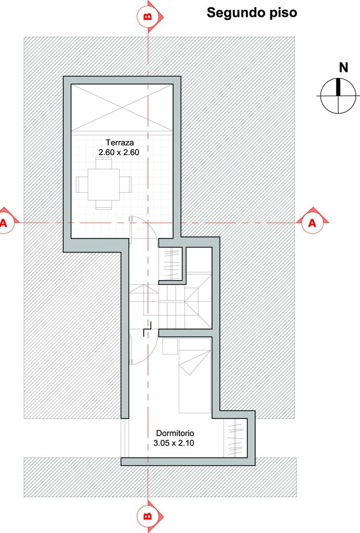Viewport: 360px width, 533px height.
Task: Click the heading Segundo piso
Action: click(x=252, y=13)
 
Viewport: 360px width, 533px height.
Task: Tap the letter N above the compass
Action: click(x=344, y=68)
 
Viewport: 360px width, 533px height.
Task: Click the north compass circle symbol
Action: click(x=339, y=96)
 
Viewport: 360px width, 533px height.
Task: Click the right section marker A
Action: click(x=312, y=223)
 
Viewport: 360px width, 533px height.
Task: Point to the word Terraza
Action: click(x=119, y=143)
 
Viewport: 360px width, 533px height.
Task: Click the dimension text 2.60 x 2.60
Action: click(x=119, y=153)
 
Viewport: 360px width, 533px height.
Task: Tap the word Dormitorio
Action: click(x=175, y=434)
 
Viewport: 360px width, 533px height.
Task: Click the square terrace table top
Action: click(x=104, y=185)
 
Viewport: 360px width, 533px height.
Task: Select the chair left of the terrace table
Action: click(x=82, y=185)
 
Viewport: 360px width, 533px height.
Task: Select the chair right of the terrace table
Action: click(x=126, y=185)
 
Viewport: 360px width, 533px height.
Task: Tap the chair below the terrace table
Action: click(x=104, y=204)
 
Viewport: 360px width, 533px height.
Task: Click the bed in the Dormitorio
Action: click(x=195, y=376)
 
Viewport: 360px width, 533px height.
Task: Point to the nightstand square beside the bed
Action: click(x=170, y=346)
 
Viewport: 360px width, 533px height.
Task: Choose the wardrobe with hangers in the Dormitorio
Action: click(x=235, y=438)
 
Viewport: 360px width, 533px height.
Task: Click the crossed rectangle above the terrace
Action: click(x=122, y=107)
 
